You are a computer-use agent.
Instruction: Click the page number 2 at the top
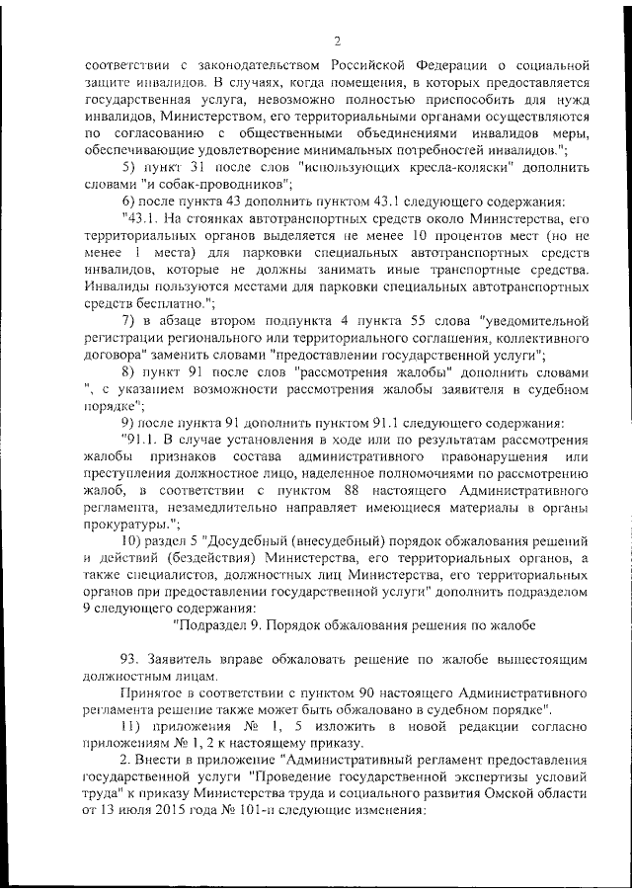coord(337,41)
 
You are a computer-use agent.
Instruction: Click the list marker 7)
coord(127,320)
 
